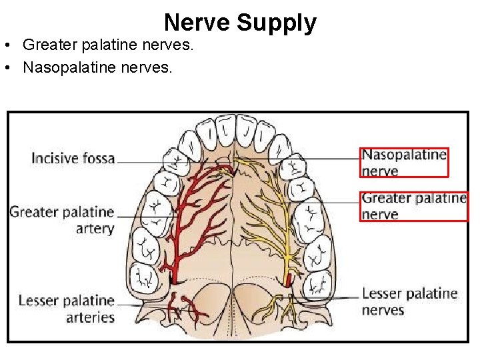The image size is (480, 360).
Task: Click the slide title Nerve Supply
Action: [x=240, y=23]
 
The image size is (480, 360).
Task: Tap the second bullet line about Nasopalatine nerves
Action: [x=97, y=67]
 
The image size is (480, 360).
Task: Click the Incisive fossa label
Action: [x=73, y=159]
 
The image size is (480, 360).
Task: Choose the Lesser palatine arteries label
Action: [x=67, y=309]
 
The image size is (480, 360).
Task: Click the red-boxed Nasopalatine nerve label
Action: [x=404, y=163]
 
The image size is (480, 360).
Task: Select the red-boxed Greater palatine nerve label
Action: [x=413, y=205]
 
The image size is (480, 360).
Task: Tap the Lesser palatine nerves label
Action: [x=409, y=301]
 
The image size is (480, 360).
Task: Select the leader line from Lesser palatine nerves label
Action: [x=333, y=298]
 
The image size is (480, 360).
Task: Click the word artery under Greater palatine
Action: [x=94, y=229]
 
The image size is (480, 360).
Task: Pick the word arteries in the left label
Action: [x=90, y=317]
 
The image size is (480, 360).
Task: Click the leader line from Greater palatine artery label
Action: [x=143, y=216]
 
